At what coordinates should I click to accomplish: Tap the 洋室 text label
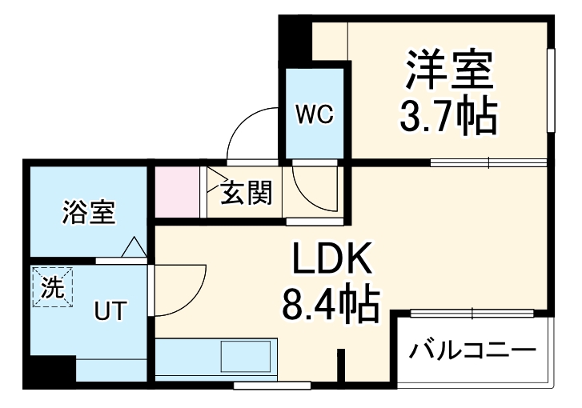[448, 70]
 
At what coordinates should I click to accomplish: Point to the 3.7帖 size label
[448, 118]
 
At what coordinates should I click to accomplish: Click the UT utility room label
[110, 310]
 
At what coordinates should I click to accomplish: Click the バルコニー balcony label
[472, 350]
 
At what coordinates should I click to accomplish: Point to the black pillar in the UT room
[50, 371]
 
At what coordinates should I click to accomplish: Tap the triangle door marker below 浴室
[134, 249]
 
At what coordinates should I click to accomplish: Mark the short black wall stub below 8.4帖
[342, 367]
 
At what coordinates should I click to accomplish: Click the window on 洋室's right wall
[552, 90]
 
